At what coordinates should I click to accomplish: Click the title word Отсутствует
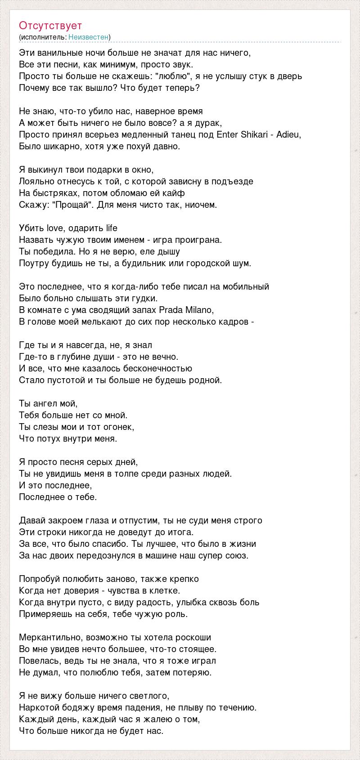pyautogui.click(x=50, y=26)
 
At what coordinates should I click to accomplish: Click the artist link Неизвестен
pyautogui.click(x=89, y=37)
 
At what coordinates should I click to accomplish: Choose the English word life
pyautogui.click(x=112, y=228)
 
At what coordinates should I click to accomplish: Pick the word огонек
pyautogui.click(x=118, y=427)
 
